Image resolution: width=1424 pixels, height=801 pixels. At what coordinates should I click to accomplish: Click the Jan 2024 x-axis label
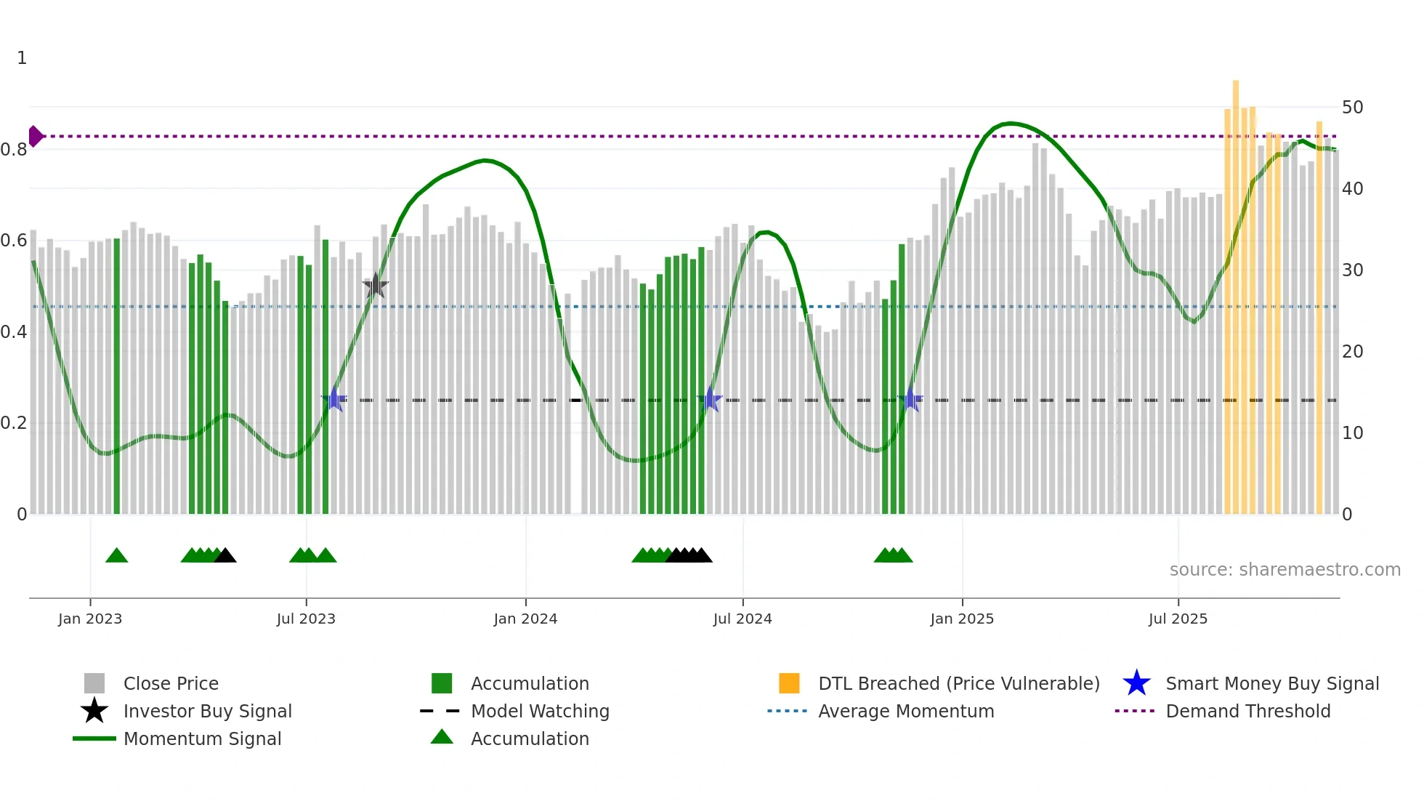click(525, 619)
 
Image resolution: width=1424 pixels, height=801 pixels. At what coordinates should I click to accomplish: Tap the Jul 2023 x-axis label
click(306, 619)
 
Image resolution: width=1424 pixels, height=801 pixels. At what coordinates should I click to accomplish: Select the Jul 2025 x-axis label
click(1178, 619)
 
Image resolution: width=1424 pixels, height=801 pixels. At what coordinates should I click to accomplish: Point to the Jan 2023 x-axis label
click(90, 619)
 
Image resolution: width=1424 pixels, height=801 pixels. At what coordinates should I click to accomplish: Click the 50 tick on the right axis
click(1352, 108)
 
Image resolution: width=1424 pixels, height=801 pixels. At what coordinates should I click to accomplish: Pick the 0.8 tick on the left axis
click(14, 150)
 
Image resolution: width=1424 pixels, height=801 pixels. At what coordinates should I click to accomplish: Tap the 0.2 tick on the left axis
click(14, 423)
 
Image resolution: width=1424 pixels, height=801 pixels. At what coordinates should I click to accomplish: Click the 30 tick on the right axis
click(1352, 270)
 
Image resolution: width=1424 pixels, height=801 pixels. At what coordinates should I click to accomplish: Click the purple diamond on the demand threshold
click(35, 136)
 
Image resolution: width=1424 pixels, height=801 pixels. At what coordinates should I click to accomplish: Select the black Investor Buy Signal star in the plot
click(375, 286)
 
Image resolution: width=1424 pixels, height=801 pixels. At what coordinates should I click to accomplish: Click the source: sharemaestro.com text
click(1285, 570)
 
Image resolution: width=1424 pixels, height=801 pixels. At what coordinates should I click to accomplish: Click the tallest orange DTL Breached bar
click(1235, 291)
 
